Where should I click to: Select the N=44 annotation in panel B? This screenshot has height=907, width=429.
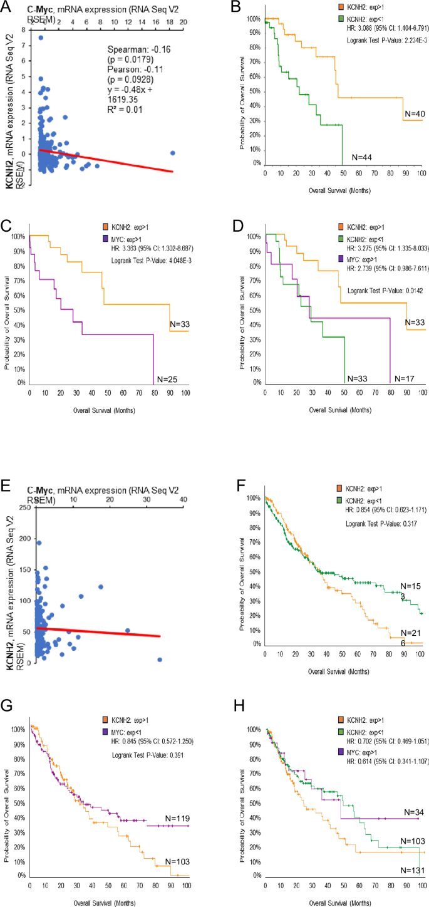[362, 157]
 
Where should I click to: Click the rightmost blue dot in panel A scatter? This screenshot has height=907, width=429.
[173, 153]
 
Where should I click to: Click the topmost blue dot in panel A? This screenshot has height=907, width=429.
[41, 38]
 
